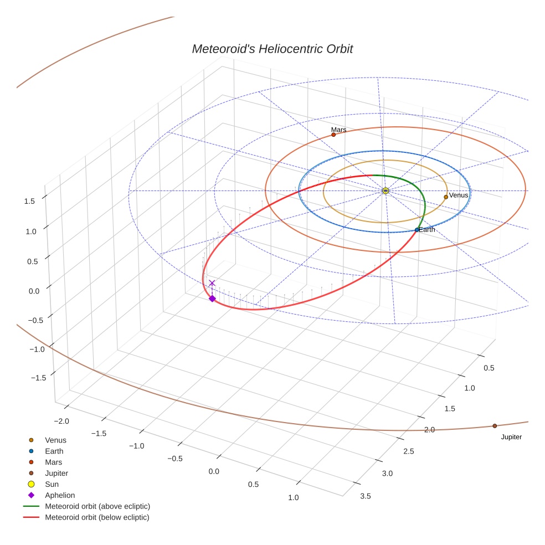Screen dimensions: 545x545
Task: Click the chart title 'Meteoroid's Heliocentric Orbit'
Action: pos(272,49)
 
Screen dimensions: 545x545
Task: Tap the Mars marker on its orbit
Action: pos(333,135)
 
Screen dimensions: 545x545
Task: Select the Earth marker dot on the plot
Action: pos(417,230)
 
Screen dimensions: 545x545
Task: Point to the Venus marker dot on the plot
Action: pos(446,197)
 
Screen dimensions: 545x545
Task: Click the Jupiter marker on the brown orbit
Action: pos(495,426)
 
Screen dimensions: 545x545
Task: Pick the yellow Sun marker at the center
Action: pos(385,191)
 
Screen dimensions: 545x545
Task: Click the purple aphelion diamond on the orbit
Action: pos(212,299)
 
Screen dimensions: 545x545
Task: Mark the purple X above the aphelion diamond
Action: pos(212,283)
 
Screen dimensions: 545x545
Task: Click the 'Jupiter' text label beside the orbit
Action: pos(511,437)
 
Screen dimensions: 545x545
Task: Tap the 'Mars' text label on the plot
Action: pos(339,130)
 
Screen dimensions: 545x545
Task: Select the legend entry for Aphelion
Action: pos(60,495)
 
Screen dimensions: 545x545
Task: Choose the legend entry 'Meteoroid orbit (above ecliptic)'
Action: pos(97,506)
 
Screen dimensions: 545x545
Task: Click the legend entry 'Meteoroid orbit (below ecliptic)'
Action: pos(97,517)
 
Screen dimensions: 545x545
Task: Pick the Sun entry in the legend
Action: pos(52,484)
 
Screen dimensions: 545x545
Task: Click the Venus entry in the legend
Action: pos(55,440)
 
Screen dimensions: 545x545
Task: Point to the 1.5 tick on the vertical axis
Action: pos(30,202)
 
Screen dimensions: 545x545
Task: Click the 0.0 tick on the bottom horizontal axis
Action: pos(213,471)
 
